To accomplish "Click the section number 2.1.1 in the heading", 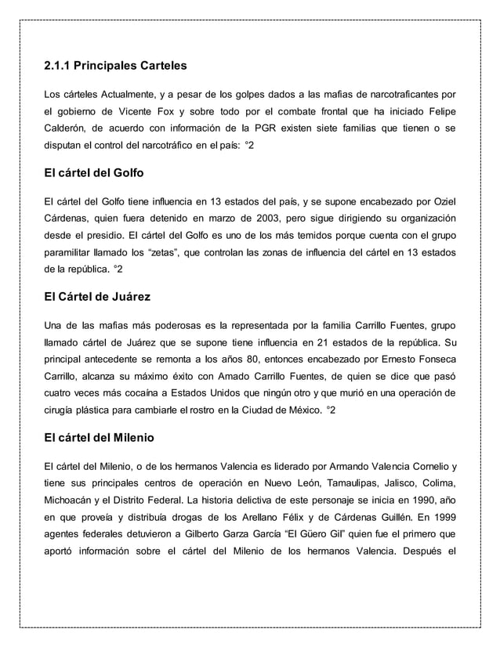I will (60, 64).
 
